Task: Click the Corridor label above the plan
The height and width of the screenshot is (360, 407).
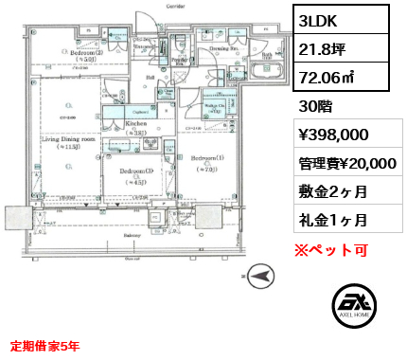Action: pyautogui.click(x=148, y=7)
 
